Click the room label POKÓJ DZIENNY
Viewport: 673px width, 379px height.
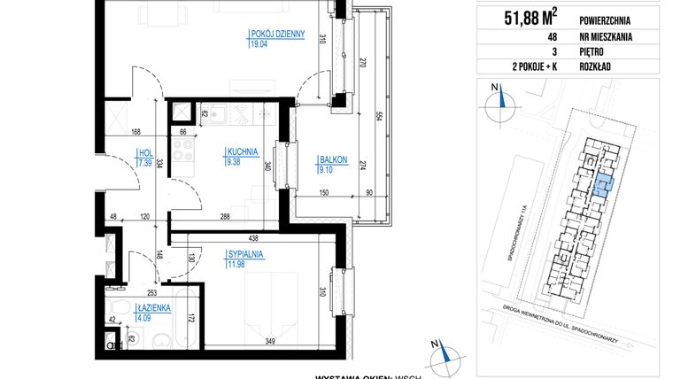[x=277, y=35]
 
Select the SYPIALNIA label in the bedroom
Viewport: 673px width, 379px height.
[x=244, y=253]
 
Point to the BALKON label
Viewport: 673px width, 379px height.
[x=333, y=160]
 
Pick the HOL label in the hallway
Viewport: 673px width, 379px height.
[x=143, y=151]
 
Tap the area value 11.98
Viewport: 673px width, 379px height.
[x=235, y=262]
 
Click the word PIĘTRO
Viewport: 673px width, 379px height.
[x=570, y=52]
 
